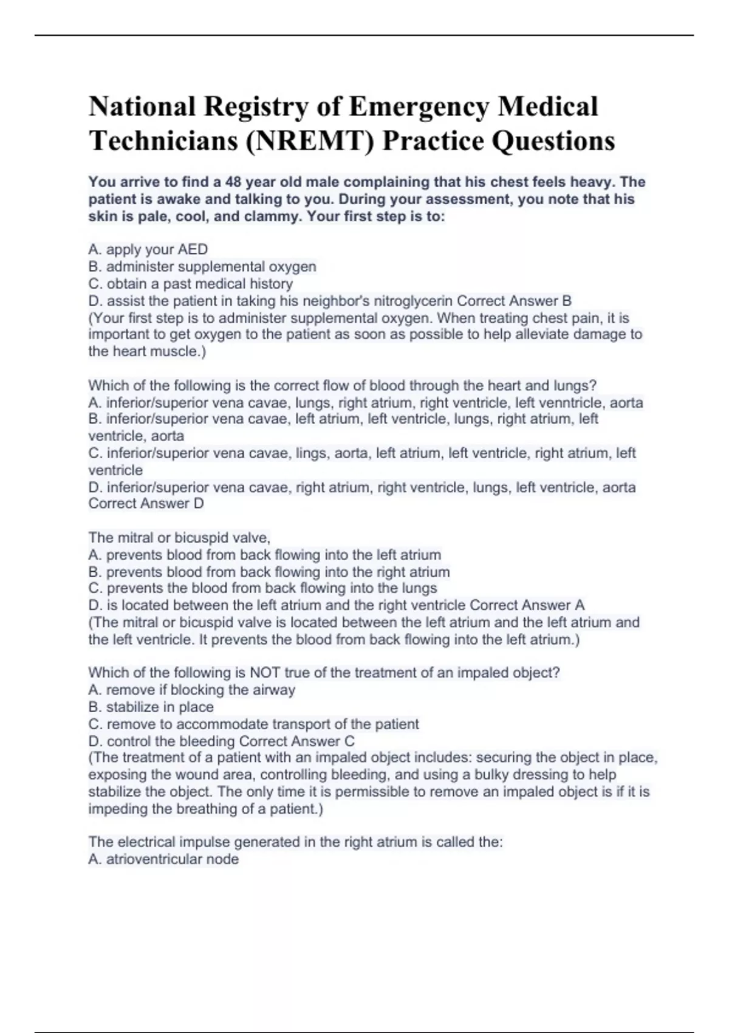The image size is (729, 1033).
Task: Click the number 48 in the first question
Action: tap(234, 182)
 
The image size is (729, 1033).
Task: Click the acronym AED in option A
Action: tap(193, 250)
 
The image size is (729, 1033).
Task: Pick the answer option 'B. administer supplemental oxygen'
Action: tap(202, 267)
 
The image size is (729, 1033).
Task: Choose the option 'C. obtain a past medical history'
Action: tap(191, 284)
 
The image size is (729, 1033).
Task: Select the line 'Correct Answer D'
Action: tap(146, 504)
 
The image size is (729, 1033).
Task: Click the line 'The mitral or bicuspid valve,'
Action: tap(179, 538)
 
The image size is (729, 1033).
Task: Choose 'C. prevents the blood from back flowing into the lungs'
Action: tap(262, 588)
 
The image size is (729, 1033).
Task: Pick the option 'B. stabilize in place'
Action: tap(151, 707)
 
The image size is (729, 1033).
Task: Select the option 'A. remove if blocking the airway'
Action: tap(191, 690)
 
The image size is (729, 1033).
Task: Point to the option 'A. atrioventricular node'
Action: tap(163, 859)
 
